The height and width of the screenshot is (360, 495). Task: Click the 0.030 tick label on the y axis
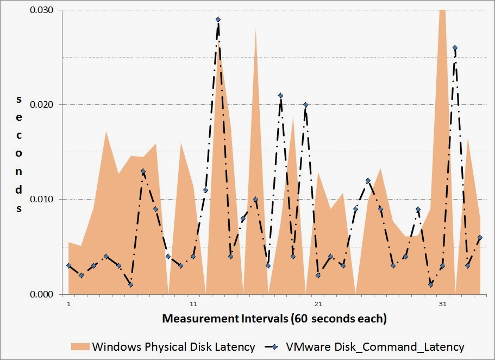coord(41,10)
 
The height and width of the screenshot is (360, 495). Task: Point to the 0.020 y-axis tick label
coord(41,104)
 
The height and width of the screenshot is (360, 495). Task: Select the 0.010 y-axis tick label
coord(41,199)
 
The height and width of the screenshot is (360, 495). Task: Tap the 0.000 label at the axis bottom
coord(41,294)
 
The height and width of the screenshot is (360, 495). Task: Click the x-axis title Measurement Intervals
coord(274,319)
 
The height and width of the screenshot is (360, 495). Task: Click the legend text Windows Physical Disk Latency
coord(173,346)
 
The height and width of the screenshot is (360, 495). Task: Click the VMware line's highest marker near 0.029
coord(218,20)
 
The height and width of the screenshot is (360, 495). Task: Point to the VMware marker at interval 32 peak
coord(455,48)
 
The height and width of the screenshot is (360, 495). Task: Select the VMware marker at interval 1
coord(68,265)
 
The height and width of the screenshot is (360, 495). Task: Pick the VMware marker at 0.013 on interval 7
coord(143,171)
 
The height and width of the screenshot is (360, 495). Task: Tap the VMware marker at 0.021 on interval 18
coord(280,95)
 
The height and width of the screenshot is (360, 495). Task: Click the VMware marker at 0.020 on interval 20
coord(305,104)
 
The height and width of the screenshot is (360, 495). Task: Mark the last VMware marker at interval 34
coord(480,237)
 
